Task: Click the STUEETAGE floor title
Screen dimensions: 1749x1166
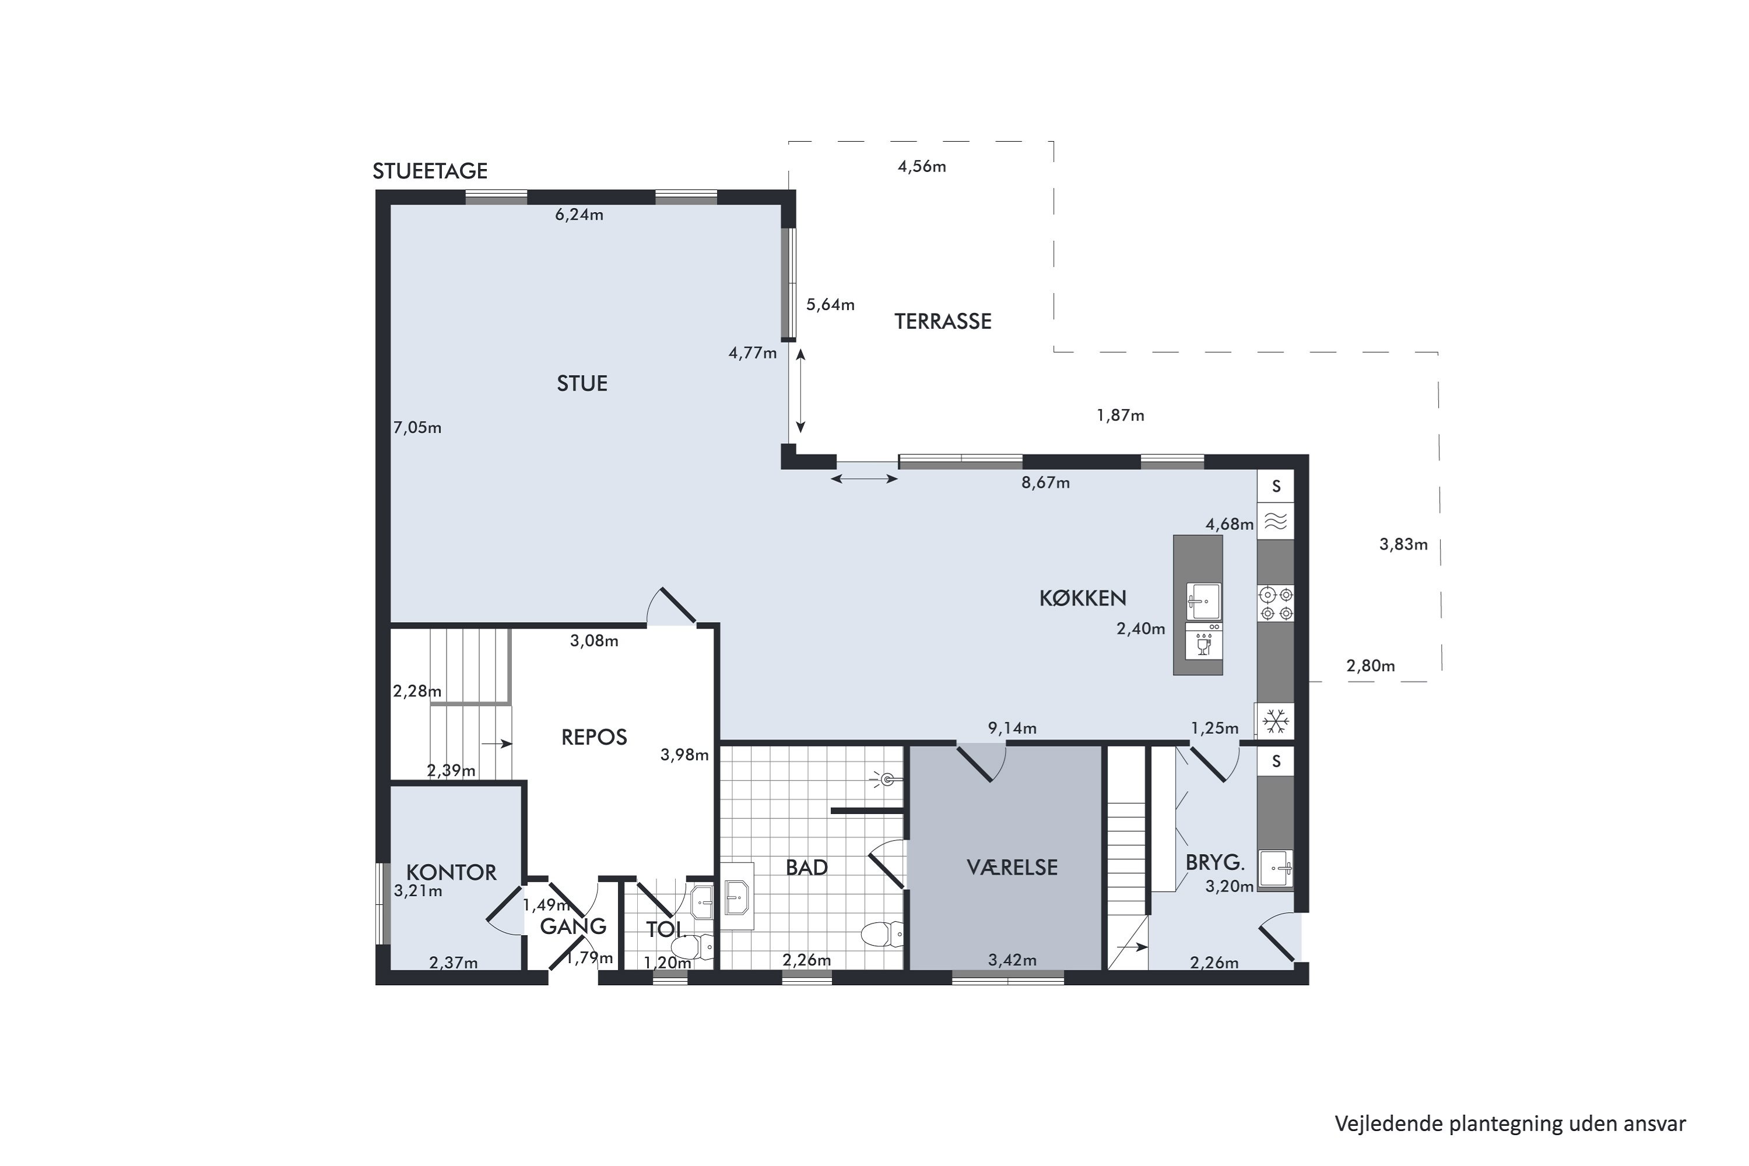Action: click(x=430, y=171)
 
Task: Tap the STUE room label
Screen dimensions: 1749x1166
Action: click(x=582, y=384)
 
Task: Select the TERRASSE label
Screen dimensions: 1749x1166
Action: click(x=943, y=321)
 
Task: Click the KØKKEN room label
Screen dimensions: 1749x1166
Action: click(x=1083, y=598)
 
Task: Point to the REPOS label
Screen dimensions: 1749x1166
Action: click(x=594, y=737)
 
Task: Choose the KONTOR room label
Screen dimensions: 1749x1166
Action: click(x=451, y=872)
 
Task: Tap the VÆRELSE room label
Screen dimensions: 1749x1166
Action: click(x=1012, y=867)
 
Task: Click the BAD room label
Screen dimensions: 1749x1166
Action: click(x=807, y=867)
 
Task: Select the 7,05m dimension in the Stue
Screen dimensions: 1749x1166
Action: click(x=417, y=427)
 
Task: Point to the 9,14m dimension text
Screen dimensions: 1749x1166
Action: click(x=1012, y=728)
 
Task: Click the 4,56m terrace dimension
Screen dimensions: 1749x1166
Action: click(x=922, y=167)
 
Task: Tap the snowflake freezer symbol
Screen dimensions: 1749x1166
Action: click(x=1276, y=721)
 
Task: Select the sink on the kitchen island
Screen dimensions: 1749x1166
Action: click(x=1203, y=601)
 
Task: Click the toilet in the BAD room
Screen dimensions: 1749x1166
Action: click(x=883, y=934)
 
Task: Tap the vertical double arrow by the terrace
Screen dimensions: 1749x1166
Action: click(x=800, y=391)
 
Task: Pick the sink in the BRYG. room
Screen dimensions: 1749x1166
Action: click(x=1276, y=869)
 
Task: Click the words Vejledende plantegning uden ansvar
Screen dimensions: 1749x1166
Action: click(x=1511, y=1123)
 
